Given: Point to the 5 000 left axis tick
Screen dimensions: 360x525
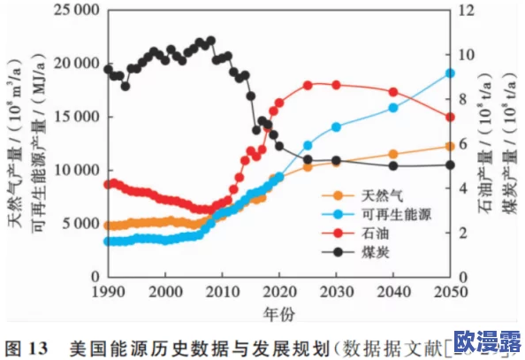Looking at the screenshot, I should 79,223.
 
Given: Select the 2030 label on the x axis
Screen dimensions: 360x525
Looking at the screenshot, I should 336,292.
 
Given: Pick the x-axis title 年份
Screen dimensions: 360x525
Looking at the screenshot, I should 278,313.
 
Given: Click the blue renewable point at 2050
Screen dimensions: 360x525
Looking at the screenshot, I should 449,73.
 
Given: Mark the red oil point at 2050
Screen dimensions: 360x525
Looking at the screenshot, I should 449,117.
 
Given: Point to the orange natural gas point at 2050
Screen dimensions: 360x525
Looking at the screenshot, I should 449,146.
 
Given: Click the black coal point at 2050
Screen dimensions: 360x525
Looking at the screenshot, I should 449,165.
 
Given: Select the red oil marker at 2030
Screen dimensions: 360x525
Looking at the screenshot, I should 336,85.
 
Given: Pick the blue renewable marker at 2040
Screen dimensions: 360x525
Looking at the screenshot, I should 392,108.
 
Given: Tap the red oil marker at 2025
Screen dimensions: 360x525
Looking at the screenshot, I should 308,86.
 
